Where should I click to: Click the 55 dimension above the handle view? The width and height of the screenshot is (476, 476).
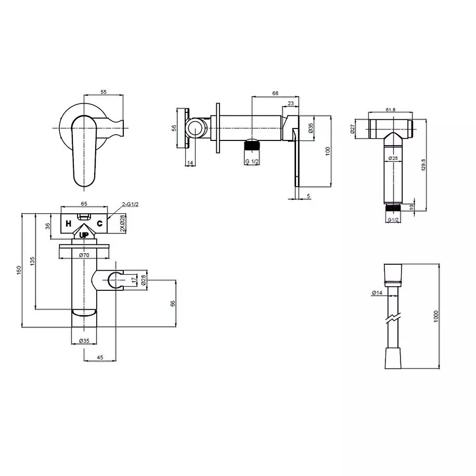[x=104, y=92]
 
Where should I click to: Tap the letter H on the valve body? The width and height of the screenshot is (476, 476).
[x=69, y=224]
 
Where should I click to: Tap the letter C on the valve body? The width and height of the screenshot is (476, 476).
[x=99, y=224]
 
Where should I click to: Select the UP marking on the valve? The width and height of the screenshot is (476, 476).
[x=84, y=235]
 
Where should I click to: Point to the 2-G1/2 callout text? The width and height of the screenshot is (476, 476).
[x=130, y=204]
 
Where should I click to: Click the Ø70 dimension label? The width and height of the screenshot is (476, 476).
[x=84, y=255]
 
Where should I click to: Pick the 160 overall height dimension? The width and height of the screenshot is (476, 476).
[x=19, y=270]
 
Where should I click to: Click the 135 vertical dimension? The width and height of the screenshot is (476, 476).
[x=32, y=261]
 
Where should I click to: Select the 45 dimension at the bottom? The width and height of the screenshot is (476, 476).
[x=100, y=357]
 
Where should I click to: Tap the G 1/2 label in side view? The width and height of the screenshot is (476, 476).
[x=252, y=161]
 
